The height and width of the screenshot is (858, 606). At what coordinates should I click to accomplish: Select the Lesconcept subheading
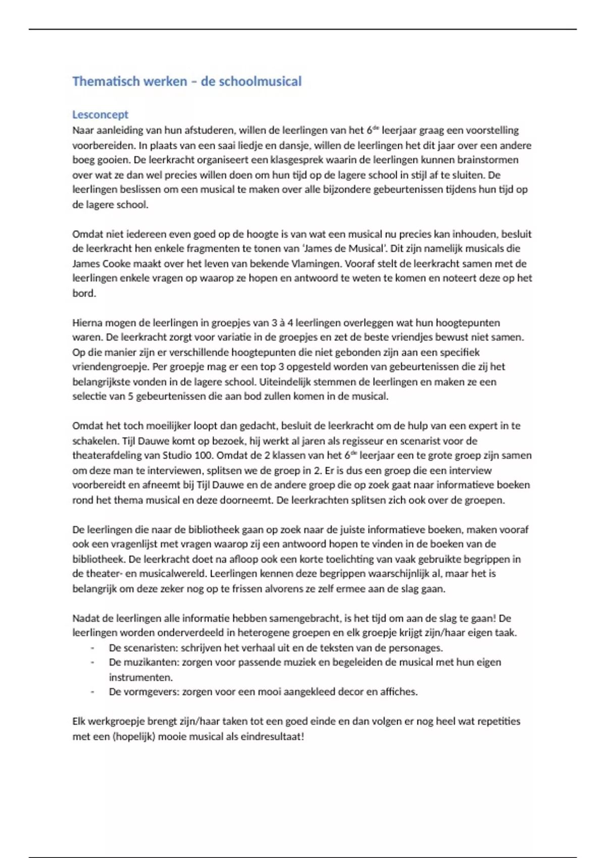click(100, 115)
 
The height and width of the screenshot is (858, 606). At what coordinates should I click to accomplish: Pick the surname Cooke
click(116, 263)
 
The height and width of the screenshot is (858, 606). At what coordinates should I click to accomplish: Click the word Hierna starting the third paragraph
click(87, 323)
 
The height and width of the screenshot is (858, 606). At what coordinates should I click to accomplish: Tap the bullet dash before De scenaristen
click(92, 648)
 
